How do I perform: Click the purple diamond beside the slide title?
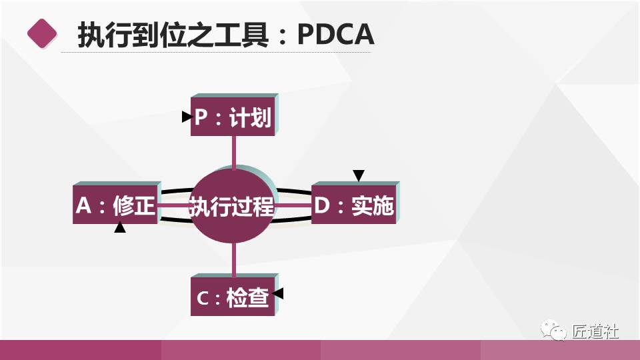(42, 33)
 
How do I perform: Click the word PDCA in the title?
(335, 34)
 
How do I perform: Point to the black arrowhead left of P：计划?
(187, 117)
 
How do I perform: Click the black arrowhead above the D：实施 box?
(359, 175)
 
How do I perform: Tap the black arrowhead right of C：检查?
(278, 293)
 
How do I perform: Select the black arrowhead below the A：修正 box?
(120, 227)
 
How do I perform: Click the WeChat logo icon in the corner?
(553, 330)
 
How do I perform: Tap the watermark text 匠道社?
(595, 331)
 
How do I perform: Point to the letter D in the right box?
(321, 205)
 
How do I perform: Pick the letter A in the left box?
(84, 205)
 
